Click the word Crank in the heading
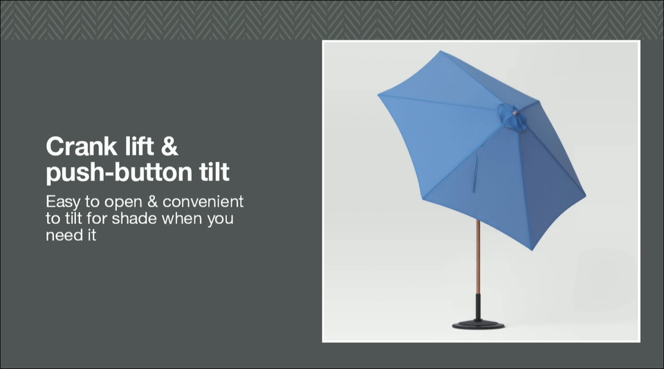click(82, 146)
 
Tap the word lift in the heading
click(139, 146)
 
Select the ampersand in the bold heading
click(169, 146)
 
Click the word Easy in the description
click(63, 202)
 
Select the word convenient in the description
click(203, 201)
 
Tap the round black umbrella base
click(478, 325)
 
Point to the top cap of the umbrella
click(512, 116)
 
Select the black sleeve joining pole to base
click(478, 307)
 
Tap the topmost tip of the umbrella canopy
click(441, 51)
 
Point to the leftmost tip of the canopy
click(378, 95)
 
